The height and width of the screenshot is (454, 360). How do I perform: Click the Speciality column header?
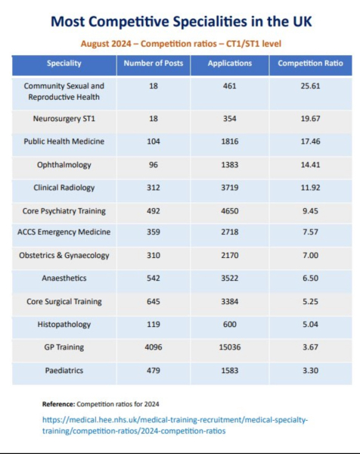pyautogui.click(x=64, y=64)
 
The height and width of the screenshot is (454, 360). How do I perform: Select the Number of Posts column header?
pyautogui.click(x=154, y=63)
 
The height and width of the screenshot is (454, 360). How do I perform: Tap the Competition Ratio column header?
pyautogui.click(x=311, y=63)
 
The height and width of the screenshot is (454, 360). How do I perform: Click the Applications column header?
pyautogui.click(x=230, y=64)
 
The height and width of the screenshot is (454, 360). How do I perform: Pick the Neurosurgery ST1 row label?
pyautogui.click(x=64, y=119)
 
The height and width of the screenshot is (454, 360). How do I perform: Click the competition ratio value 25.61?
pyautogui.click(x=311, y=86)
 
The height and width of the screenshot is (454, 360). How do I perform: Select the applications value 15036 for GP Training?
pyautogui.click(x=230, y=347)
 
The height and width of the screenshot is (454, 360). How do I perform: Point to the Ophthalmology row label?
pyautogui.click(x=64, y=165)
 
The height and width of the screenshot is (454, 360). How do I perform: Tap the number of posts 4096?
pyautogui.click(x=154, y=347)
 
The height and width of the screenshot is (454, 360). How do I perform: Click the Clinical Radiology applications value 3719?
pyautogui.click(x=230, y=188)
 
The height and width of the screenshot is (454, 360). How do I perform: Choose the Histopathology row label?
pyautogui.click(x=64, y=325)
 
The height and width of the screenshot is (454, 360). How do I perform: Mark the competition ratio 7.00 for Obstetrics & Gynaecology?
pyautogui.click(x=311, y=256)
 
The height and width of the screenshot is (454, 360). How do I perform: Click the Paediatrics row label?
pyautogui.click(x=64, y=371)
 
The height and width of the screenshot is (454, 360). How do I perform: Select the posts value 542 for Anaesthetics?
pyautogui.click(x=154, y=278)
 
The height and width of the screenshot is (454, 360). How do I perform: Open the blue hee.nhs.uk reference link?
pyautogui.click(x=175, y=425)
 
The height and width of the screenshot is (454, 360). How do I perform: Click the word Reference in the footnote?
pyautogui.click(x=58, y=404)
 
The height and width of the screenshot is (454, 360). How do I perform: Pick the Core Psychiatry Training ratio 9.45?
pyautogui.click(x=311, y=211)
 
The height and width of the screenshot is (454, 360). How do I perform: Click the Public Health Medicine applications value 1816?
pyautogui.click(x=230, y=141)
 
